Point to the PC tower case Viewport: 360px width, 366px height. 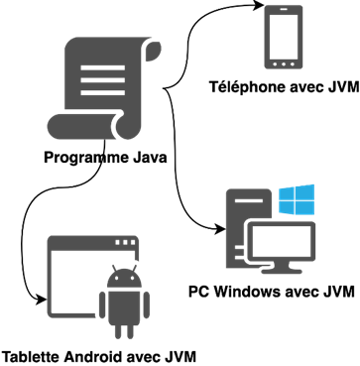tap(241, 217)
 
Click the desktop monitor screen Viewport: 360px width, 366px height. tap(281, 243)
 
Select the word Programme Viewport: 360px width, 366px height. tap(84, 158)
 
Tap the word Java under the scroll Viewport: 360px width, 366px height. tap(148, 158)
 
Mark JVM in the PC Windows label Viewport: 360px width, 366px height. tap(337, 292)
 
